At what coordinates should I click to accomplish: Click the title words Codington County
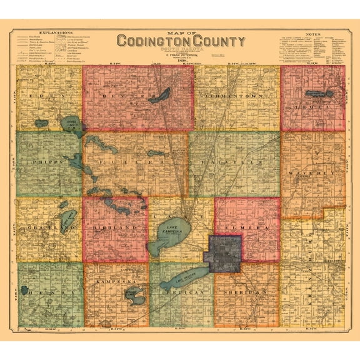point(180,42)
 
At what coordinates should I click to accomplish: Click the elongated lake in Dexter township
point(161,96)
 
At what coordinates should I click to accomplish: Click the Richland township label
point(115,228)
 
